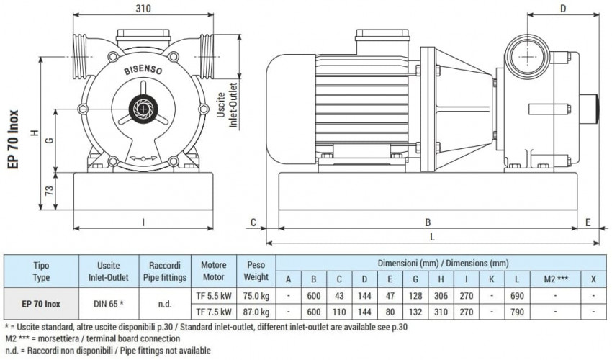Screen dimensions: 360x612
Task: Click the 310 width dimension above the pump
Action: [143, 9]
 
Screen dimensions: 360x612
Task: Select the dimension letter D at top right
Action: [563, 8]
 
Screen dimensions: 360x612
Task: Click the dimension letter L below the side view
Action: [431, 235]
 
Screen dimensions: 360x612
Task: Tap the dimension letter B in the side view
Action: [427, 222]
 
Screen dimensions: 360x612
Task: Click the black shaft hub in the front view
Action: [144, 108]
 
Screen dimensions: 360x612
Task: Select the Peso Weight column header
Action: [256, 271]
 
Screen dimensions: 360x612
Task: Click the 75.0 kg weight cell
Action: [256, 295]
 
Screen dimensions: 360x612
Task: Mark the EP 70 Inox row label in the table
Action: [42, 303]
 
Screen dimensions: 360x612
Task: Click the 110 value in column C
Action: [339, 312]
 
